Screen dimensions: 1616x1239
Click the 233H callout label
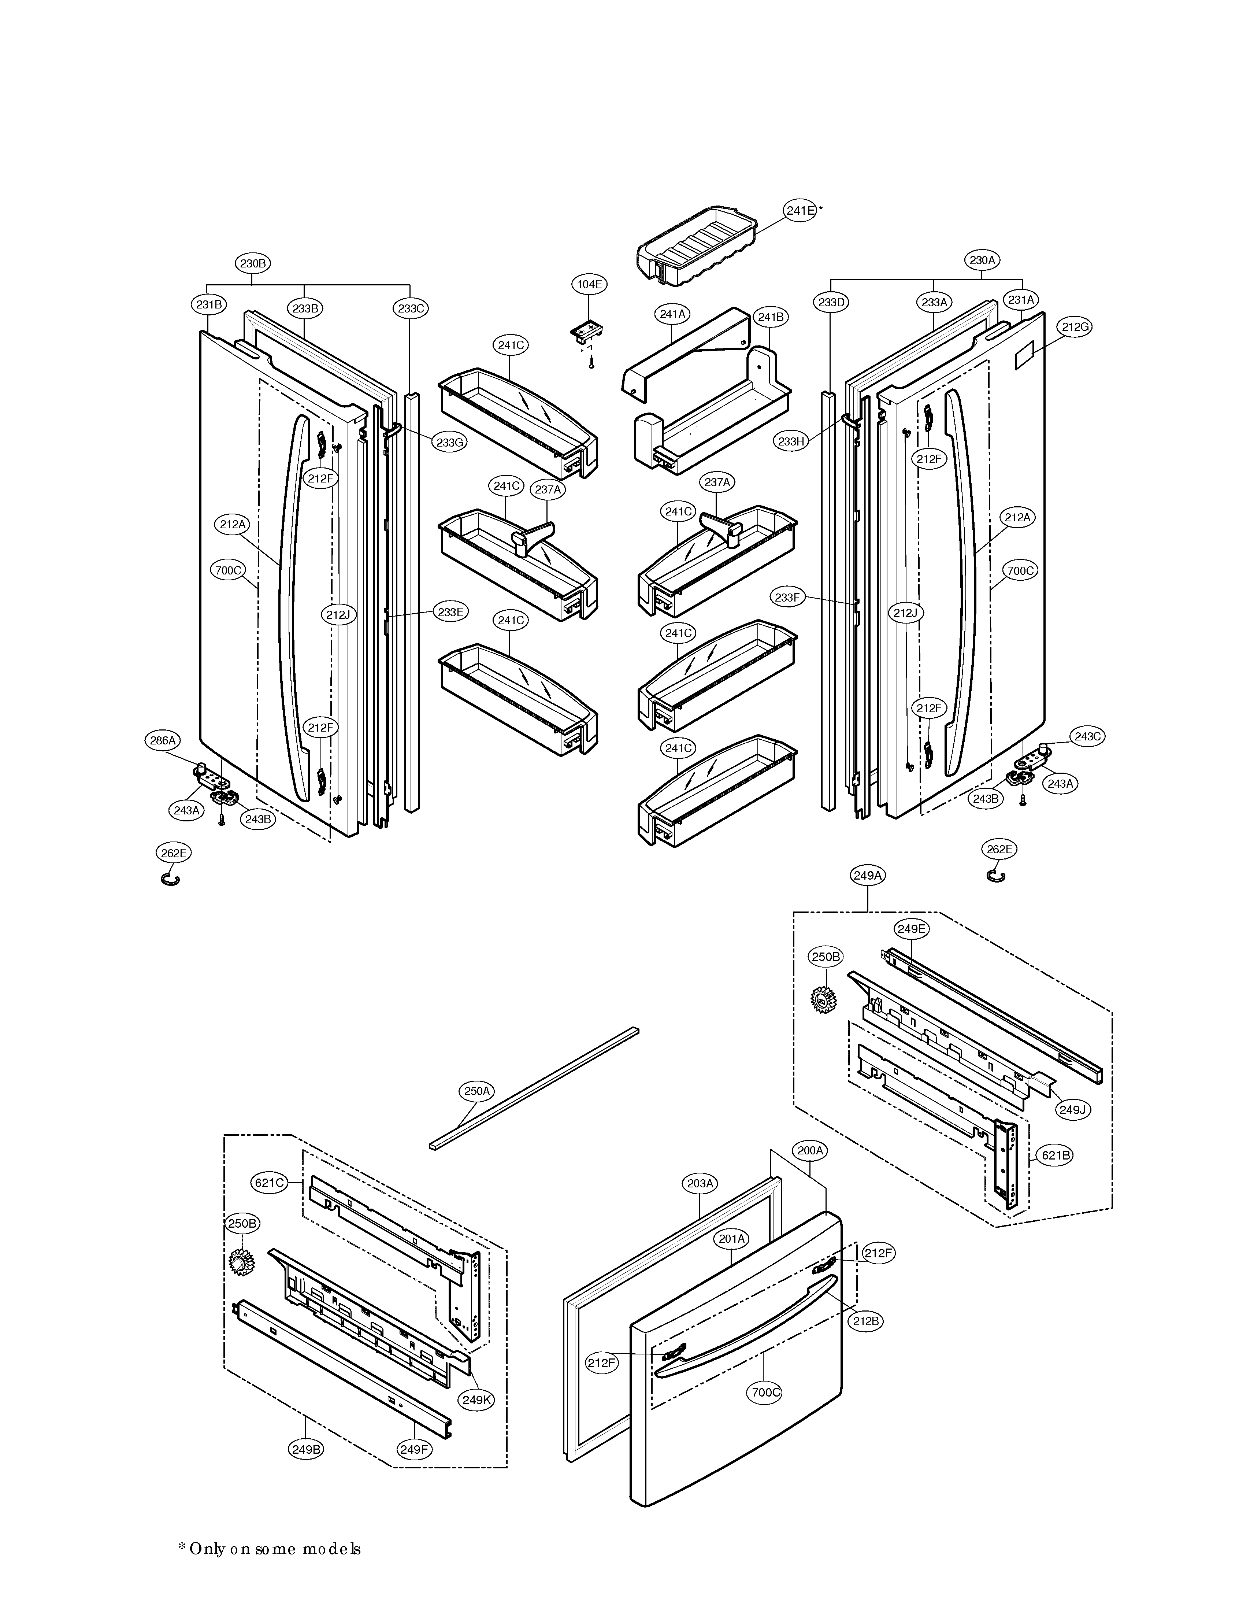click(791, 442)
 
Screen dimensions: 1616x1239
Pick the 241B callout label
click(771, 317)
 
